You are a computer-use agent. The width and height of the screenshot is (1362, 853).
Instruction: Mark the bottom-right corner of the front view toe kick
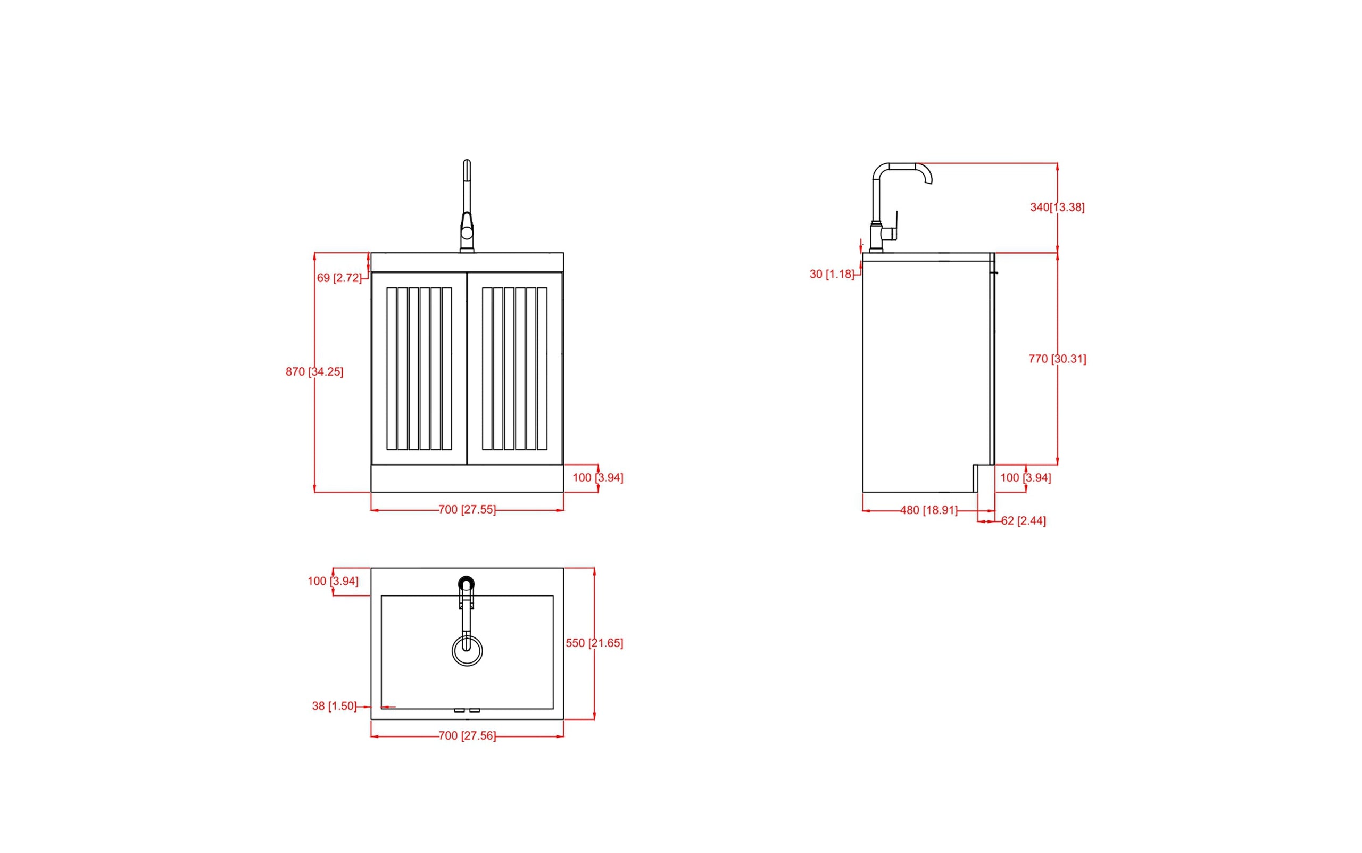563,492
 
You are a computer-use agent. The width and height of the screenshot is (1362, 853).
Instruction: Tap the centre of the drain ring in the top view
467,650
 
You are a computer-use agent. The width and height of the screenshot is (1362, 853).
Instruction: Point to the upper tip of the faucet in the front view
467,161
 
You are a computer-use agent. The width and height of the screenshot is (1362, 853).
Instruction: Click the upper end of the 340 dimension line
1057,163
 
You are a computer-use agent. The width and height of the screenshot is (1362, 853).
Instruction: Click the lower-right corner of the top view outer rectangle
563,719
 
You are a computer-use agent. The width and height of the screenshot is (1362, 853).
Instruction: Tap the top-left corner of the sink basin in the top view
381,595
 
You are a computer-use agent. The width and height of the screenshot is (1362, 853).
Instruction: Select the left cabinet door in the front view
419,368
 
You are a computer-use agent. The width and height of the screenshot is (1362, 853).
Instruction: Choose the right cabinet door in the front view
515,368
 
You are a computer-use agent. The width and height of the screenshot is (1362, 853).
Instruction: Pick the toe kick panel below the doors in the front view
467,478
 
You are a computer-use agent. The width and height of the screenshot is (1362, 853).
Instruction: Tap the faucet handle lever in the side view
892,226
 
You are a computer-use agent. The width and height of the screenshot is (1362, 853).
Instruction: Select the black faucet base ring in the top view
467,583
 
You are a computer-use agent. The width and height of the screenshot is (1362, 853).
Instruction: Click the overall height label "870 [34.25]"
314,372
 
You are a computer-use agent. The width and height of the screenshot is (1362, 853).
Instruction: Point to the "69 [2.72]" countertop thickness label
339,278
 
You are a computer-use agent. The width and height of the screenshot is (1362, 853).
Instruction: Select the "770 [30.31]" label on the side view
1057,359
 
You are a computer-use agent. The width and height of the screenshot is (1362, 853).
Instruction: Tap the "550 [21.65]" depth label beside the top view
594,643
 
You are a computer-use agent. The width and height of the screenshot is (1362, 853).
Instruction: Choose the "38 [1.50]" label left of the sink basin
335,706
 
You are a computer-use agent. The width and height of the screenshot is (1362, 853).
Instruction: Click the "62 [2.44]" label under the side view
1023,521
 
